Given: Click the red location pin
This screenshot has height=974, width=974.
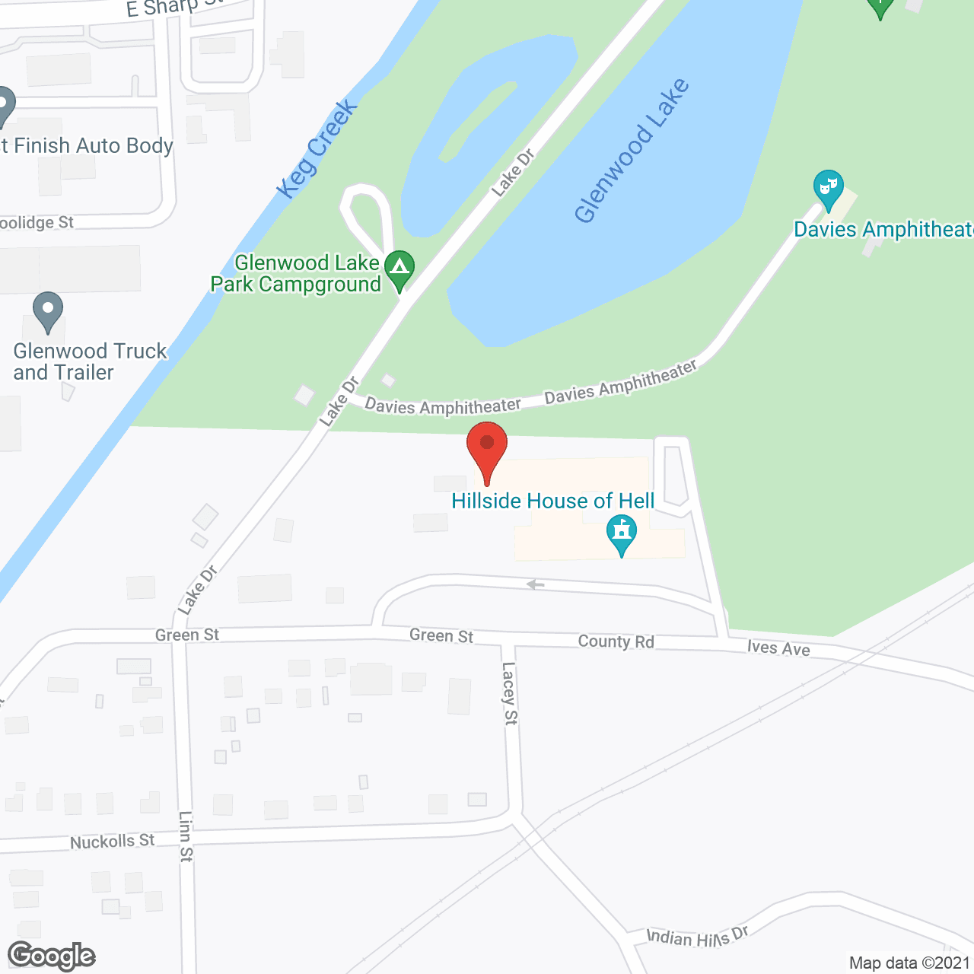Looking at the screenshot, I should click(487, 449).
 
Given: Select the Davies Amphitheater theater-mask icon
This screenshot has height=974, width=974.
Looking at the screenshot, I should click(828, 187).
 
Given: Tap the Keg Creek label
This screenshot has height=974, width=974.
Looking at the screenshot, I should click(317, 149).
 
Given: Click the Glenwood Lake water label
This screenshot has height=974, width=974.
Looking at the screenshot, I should click(632, 151).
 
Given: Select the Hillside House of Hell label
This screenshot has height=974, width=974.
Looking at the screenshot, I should click(552, 501).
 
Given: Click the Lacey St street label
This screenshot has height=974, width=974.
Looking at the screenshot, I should click(509, 692).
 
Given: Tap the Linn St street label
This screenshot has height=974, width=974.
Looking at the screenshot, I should click(186, 836).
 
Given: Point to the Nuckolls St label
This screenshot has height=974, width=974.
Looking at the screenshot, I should click(112, 841).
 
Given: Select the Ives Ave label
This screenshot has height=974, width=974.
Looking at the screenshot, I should click(778, 648).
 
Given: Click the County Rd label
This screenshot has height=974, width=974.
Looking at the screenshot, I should click(616, 641).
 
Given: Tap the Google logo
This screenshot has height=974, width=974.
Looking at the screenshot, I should click(52, 956).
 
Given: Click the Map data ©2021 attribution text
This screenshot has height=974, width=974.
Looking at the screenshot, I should click(909, 963).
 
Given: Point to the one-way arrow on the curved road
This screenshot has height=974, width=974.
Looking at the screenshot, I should click(536, 584).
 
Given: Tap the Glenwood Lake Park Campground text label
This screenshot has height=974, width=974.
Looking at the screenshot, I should click(297, 274).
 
